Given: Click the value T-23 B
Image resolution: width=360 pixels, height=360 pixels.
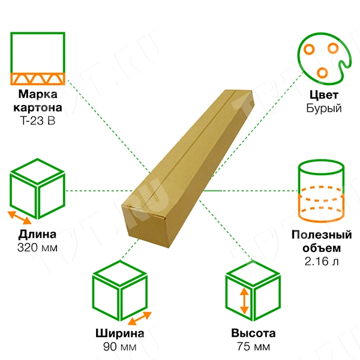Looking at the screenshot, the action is click(x=38, y=121).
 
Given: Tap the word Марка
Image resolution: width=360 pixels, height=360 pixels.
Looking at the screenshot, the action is click(x=38, y=94).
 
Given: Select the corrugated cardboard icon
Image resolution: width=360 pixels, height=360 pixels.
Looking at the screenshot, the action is click(x=38, y=59).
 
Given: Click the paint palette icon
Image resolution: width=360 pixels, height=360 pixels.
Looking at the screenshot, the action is click(x=324, y=59).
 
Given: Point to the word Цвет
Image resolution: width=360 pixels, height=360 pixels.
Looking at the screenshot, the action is click(x=324, y=95).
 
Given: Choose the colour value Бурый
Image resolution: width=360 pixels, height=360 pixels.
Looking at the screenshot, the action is click(x=324, y=108).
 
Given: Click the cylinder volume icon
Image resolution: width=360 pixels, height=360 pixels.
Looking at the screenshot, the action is click(x=321, y=191).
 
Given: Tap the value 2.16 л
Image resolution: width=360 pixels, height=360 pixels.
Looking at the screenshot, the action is click(x=322, y=261).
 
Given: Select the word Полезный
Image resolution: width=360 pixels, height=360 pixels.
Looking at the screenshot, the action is click(x=322, y=235).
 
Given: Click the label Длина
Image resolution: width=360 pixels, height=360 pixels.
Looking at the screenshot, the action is click(x=37, y=234).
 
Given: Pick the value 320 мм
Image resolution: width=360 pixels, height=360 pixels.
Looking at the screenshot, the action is click(x=37, y=248).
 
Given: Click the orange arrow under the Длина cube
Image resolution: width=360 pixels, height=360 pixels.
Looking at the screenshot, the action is click(x=20, y=218).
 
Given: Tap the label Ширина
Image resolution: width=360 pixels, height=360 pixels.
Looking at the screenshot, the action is click(x=120, y=334).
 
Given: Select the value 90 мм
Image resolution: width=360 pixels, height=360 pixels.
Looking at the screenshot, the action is click(x=120, y=347).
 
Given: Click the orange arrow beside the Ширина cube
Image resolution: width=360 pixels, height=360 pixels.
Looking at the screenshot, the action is click(x=140, y=318).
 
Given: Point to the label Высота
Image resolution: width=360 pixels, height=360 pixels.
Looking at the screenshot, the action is click(x=253, y=333).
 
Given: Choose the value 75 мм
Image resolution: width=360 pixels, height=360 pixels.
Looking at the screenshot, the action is click(x=253, y=347).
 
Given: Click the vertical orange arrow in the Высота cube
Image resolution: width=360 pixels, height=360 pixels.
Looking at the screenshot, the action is click(x=244, y=301).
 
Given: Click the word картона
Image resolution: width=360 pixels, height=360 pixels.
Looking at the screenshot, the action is click(x=38, y=107).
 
